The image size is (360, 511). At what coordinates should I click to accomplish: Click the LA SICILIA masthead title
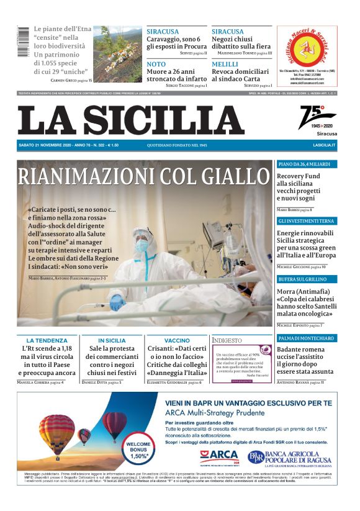point(130,120)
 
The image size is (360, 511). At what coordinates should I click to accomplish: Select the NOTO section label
point(156,65)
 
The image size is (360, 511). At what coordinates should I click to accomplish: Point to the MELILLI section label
point(225,65)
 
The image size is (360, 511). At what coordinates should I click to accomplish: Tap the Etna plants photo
point(118,54)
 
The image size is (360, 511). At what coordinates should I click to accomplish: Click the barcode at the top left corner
point(23,42)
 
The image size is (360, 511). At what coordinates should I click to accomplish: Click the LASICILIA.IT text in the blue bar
point(324,145)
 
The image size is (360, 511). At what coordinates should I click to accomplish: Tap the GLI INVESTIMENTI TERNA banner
point(307,221)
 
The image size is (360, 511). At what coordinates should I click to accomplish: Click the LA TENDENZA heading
point(47,341)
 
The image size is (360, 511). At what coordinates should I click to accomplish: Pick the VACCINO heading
point(177,341)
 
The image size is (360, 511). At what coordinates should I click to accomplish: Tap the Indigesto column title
point(227,340)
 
